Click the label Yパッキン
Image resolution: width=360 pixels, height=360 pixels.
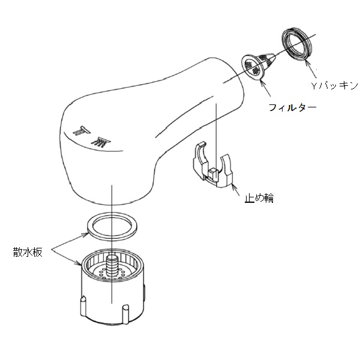tap(335, 85)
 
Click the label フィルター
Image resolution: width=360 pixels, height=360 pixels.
tap(292, 107)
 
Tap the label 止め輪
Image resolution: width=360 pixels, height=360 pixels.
tap(259, 198)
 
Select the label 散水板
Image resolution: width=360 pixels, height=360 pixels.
tap(28, 252)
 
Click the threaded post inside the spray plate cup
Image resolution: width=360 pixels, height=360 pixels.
tap(113, 266)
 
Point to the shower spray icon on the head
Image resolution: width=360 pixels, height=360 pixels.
tap(101, 142)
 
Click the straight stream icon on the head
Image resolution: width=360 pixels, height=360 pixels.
tap(82, 130)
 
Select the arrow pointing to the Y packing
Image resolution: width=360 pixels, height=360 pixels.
tap(311, 68)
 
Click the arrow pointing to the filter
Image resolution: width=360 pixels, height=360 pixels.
tap(266, 87)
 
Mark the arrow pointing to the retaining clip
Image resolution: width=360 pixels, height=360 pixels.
tap(236, 190)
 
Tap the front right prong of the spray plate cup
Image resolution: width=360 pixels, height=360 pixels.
tap(125, 314)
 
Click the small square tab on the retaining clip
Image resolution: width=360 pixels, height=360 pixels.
tap(212, 173)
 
